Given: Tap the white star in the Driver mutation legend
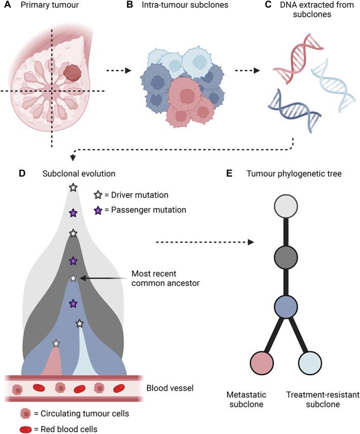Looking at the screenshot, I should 98,195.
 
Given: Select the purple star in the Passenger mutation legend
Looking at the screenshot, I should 98,209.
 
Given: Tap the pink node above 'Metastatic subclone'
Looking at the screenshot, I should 261,363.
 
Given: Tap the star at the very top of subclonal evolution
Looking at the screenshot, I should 73,188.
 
